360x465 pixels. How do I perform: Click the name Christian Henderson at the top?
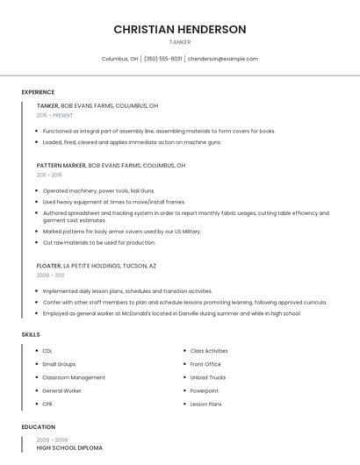pyautogui.click(x=180, y=29)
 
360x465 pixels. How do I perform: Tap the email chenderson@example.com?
pyautogui.click(x=223, y=59)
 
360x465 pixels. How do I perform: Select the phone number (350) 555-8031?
pyautogui.click(x=163, y=59)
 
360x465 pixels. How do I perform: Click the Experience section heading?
pyautogui.click(x=38, y=92)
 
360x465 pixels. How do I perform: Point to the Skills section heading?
pyautogui.click(x=31, y=334)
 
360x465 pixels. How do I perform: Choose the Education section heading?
pyautogui.click(x=38, y=427)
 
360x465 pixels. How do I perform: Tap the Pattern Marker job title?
pyautogui.click(x=61, y=165)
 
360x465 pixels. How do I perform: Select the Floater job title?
pyautogui.click(x=49, y=265)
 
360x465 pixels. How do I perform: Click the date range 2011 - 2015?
pyautogui.click(x=49, y=175)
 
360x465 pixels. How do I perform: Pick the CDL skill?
pyautogui.click(x=47, y=351)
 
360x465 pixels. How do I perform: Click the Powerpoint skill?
pyautogui.click(x=205, y=390)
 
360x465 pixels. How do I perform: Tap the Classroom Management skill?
pyautogui.click(x=74, y=377)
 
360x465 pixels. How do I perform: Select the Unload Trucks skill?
pyautogui.click(x=208, y=377)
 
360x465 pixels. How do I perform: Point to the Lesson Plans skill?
pyautogui.click(x=206, y=404)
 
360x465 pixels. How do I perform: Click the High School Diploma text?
pyautogui.click(x=69, y=448)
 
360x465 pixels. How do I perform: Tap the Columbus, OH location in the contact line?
pyautogui.click(x=119, y=59)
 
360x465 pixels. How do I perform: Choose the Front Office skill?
pyautogui.click(x=205, y=364)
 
